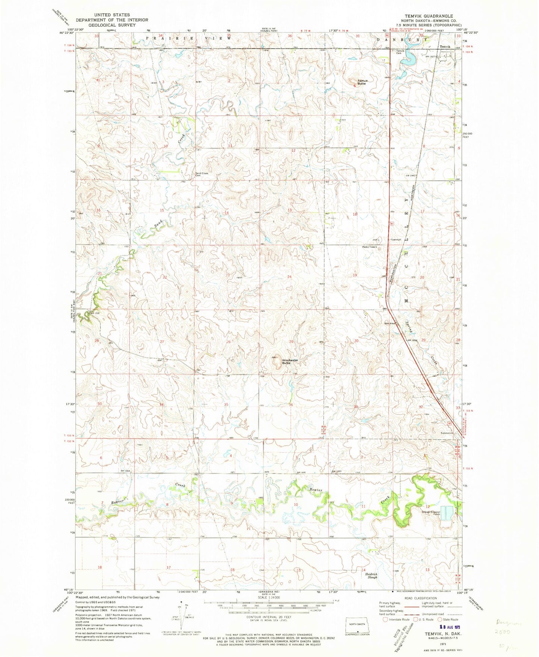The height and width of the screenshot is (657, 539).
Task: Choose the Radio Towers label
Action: pos(370,247)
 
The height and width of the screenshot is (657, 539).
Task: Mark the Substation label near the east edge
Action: pos(446,433)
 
